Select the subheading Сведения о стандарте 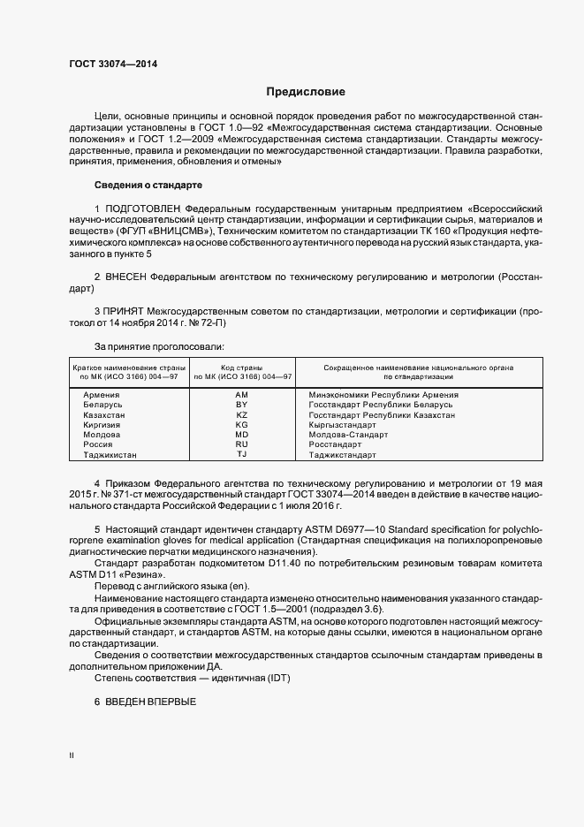pos(148,185)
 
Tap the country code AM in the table pos(242,394)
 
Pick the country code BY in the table pos(242,405)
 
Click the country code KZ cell pos(242,414)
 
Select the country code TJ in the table pos(242,455)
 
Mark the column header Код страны pos(242,367)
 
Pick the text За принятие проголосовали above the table pos(159,346)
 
